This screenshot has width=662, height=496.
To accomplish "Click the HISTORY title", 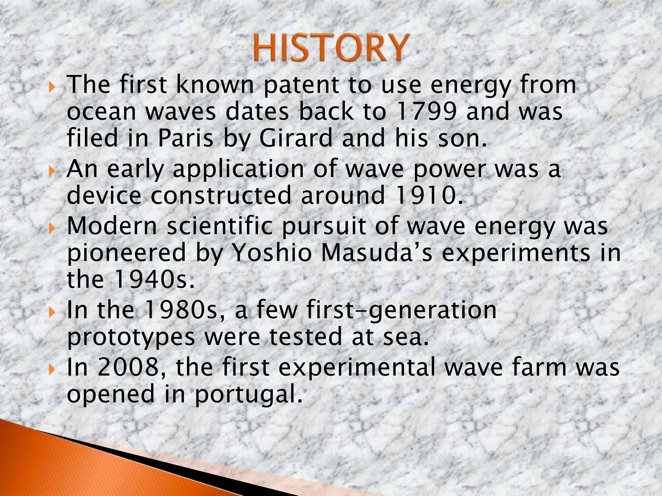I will (x=330, y=48).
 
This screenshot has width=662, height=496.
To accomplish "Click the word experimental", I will (x=357, y=368).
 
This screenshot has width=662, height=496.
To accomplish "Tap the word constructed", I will (x=221, y=196).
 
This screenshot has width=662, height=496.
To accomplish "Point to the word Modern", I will (x=112, y=226).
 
